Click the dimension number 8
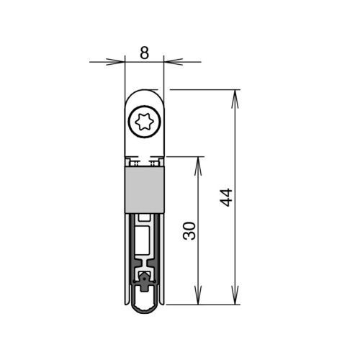[144, 53]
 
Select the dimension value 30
[189, 231]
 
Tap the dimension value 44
[226, 197]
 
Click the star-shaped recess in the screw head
[144, 122]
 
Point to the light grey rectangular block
[144, 190]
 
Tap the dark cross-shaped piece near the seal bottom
[144, 283]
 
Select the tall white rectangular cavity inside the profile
[143, 240]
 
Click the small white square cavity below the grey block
[143, 217]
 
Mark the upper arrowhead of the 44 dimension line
[235, 99]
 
